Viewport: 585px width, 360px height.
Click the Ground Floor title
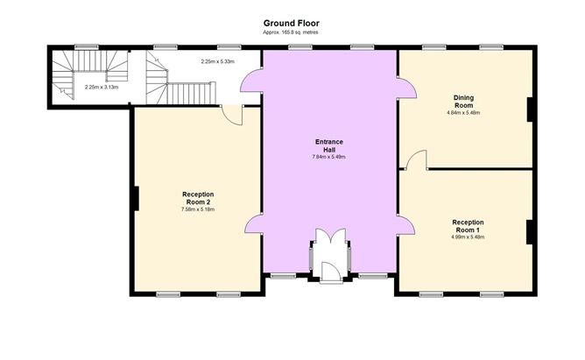point(291,24)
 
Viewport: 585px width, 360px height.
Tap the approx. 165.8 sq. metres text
point(291,32)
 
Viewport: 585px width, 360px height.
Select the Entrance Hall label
point(328,145)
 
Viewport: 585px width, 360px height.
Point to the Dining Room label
point(464,102)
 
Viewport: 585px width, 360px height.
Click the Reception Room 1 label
point(468,226)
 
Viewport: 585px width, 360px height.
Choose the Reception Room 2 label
point(198,198)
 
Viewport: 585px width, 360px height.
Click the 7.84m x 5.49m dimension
point(328,157)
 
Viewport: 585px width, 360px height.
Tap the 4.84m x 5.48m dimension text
point(463,113)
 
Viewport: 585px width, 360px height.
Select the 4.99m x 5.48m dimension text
point(468,236)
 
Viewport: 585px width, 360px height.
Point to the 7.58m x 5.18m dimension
point(198,209)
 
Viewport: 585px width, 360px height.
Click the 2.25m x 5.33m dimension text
point(217,62)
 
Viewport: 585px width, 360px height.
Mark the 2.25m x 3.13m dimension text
point(102,88)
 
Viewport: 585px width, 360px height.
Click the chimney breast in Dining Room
point(529,109)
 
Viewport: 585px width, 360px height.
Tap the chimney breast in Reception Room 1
point(529,232)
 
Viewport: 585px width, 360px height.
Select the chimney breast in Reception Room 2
point(137,199)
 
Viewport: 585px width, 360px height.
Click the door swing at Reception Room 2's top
point(232,115)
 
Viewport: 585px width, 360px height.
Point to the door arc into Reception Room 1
point(416,159)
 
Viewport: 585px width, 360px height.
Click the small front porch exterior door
point(330,272)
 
